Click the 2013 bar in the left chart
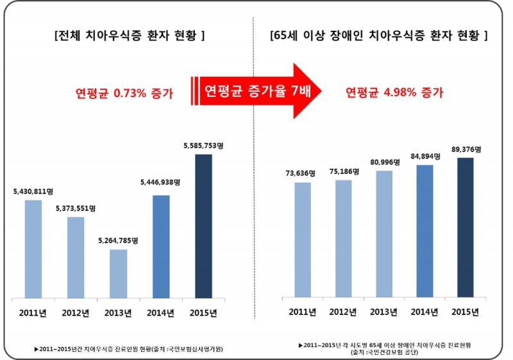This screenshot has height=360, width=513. pyautogui.click(x=118, y=273)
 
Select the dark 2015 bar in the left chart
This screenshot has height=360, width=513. pyautogui.click(x=203, y=226)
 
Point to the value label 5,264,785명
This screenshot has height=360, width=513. pyautogui.click(x=119, y=241)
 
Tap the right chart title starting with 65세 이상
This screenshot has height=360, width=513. pyautogui.click(x=379, y=35)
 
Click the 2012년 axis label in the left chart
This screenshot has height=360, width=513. pyautogui.click(x=76, y=313)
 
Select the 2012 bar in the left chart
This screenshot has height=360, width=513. pyautogui.click(x=76, y=257)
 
